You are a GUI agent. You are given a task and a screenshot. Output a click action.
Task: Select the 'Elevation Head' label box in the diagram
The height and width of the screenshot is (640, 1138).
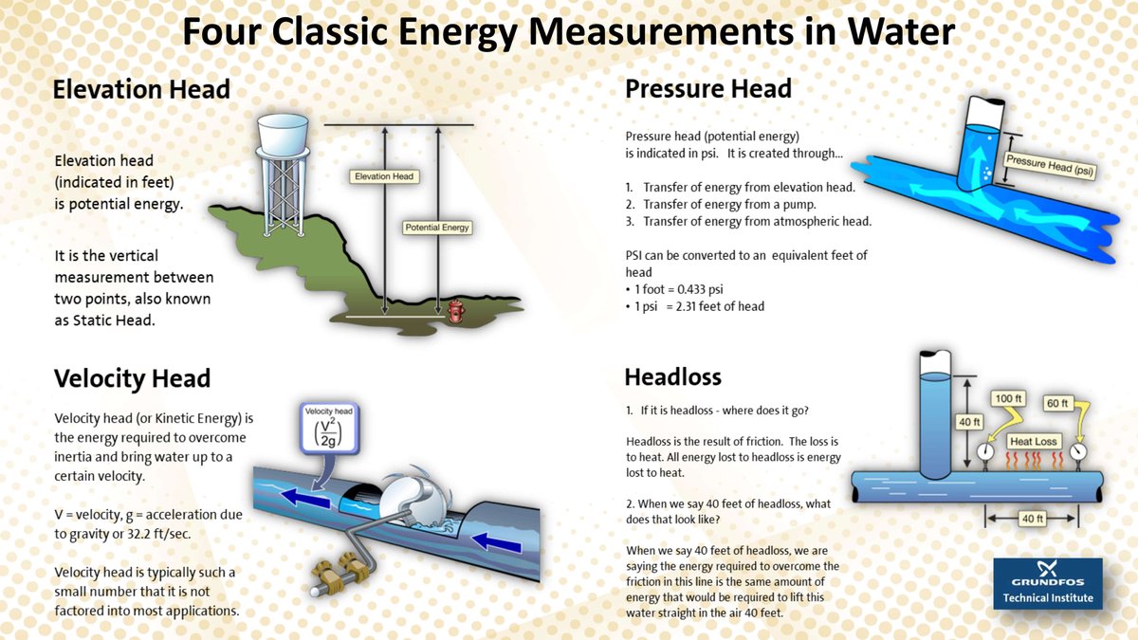coord(384,176)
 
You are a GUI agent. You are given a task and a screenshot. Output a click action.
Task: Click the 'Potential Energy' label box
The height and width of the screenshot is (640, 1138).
coord(437,228)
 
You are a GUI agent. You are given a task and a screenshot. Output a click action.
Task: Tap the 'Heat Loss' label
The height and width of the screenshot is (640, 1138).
coord(1033,441)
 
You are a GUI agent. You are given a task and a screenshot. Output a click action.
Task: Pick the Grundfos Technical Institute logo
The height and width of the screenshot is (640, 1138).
coord(1048,580)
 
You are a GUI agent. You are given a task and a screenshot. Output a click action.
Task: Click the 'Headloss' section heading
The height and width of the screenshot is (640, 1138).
coord(672,376)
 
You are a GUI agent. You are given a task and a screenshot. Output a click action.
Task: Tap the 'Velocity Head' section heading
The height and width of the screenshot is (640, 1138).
coord(132,379)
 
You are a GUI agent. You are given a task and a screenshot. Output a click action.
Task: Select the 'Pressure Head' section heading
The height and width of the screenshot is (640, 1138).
coord(707,89)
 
